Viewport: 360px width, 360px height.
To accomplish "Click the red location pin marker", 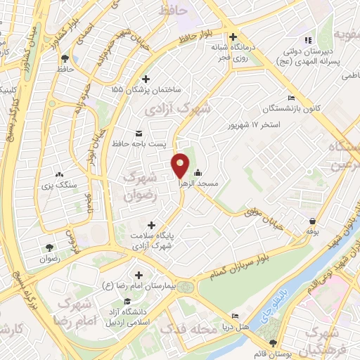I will [181, 166].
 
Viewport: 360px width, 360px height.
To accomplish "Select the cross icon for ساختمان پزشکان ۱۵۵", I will [146, 79].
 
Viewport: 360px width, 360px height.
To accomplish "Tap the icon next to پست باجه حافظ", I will [139, 133].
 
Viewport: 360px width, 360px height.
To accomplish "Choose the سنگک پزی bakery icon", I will [59, 174].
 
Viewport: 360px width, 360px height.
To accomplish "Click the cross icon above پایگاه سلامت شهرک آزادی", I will [152, 225].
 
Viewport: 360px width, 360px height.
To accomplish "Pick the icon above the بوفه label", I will [311, 220].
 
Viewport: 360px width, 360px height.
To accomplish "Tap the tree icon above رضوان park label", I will [49, 247].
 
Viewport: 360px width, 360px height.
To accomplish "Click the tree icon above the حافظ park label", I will [65, 58].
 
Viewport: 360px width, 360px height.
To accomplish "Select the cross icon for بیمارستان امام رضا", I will [139, 274].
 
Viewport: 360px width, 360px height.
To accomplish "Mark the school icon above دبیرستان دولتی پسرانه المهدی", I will [307, 39].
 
